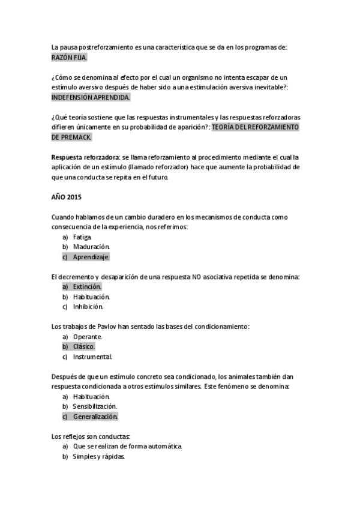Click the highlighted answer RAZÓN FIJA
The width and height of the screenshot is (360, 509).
70,57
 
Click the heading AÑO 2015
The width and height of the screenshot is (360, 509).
67,197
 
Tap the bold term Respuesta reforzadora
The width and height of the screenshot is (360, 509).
85,157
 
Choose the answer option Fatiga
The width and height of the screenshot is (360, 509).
82,236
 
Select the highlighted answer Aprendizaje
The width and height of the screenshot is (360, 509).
91,257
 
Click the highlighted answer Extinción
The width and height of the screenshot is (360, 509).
87,287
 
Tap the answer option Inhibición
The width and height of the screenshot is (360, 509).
88,307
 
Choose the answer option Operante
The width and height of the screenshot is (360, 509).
88,337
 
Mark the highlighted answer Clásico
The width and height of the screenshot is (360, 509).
84,346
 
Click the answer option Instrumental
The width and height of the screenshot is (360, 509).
92,357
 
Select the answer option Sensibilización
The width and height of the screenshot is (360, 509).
95,406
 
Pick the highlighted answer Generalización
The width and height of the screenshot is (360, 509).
95,417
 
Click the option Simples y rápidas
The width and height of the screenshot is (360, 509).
98,457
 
